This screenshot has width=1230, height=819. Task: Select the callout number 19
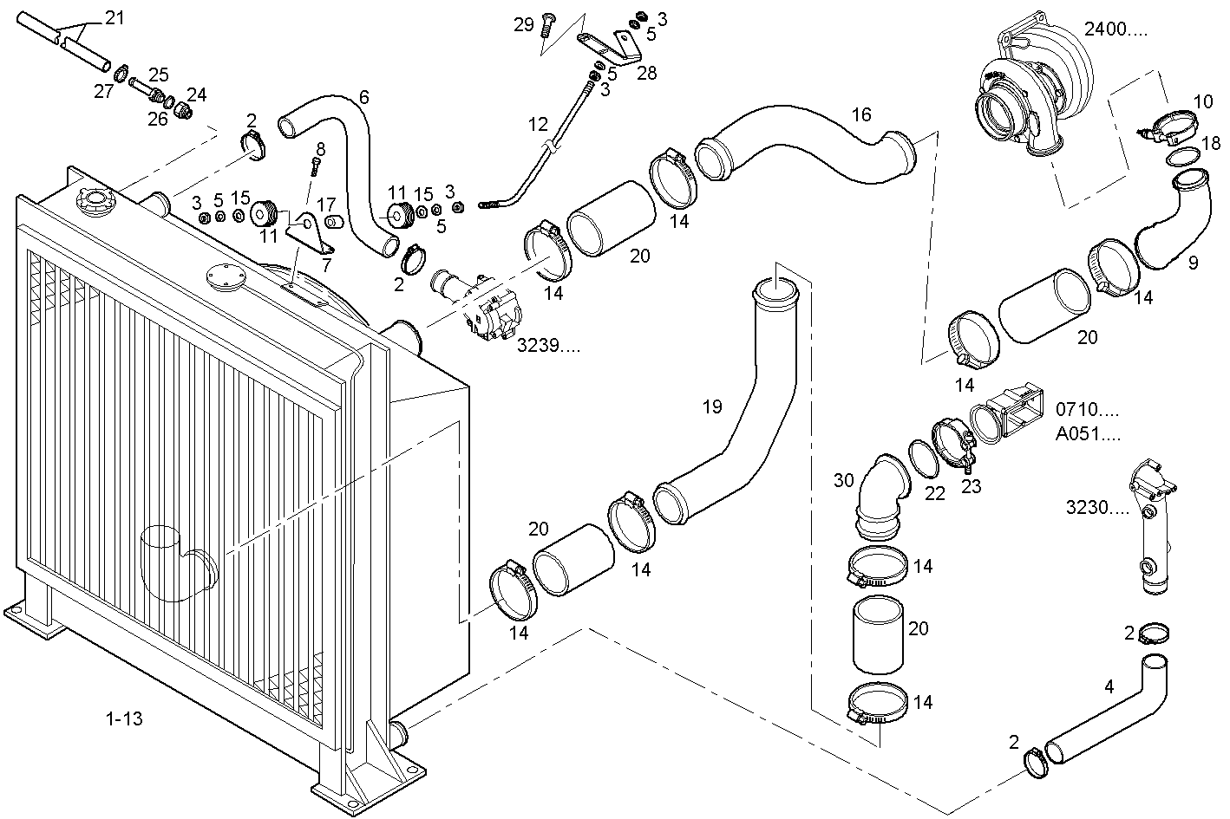[712, 407]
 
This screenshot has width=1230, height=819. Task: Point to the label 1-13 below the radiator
[124, 718]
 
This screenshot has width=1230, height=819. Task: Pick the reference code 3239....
[548, 346]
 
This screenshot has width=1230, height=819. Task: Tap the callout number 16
[861, 114]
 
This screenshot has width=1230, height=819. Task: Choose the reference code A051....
[1087, 434]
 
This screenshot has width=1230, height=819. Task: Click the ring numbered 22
[923, 458]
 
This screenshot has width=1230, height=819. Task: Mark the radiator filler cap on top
[95, 200]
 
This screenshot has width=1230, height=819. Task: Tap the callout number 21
[114, 19]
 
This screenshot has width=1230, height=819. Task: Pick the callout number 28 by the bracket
[647, 73]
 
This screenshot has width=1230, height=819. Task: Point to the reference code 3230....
[1097, 507]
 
